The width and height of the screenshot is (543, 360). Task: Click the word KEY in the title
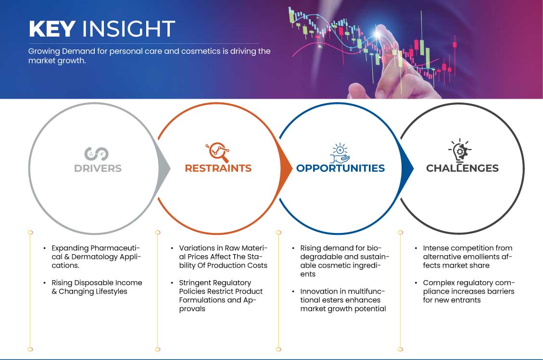(x=52, y=28)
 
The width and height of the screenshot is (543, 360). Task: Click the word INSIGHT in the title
(x=128, y=28)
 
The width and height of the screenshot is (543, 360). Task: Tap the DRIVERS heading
(x=98, y=168)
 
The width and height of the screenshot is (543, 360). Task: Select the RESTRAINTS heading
(x=218, y=168)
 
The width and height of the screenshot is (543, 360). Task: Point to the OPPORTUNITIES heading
(x=341, y=168)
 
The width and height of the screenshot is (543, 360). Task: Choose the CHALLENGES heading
(x=462, y=168)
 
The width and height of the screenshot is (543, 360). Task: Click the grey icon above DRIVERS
(x=96, y=154)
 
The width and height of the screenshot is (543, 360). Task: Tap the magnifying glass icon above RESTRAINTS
(x=218, y=152)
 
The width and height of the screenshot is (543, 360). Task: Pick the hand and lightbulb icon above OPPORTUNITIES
(x=340, y=153)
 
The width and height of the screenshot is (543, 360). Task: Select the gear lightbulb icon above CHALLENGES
(x=460, y=151)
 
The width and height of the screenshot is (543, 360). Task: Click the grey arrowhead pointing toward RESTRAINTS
(x=164, y=169)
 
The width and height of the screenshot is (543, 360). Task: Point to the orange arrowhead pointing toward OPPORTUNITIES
(x=286, y=169)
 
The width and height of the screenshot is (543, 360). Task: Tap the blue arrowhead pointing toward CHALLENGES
(x=407, y=169)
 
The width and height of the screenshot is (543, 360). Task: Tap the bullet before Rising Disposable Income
(x=45, y=283)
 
